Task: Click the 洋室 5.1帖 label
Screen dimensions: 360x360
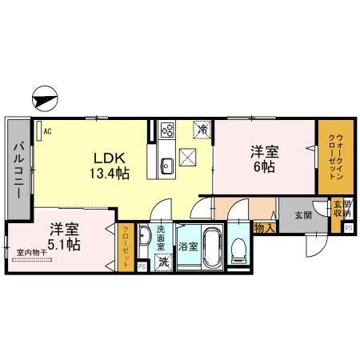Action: (62, 236)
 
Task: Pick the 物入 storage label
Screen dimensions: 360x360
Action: (264, 228)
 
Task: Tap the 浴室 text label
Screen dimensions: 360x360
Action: (189, 247)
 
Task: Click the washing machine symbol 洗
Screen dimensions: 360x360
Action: (163, 262)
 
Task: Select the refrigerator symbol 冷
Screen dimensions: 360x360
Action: (204, 129)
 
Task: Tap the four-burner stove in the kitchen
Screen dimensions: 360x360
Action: (167, 128)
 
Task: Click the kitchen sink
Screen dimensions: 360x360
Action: (167, 167)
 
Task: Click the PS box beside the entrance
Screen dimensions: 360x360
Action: (349, 227)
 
